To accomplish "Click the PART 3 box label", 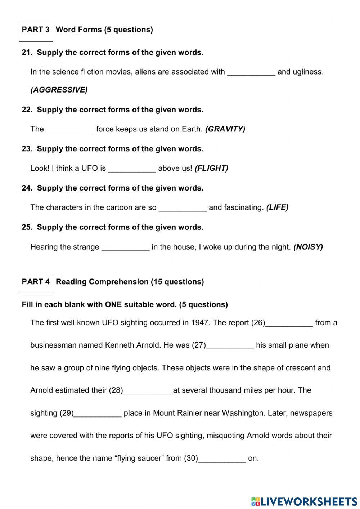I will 36,30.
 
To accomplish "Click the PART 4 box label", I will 36,282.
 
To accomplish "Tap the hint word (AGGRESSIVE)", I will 59,90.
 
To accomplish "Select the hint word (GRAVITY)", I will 225,129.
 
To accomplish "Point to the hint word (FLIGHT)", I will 211,168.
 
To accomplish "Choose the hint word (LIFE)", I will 277,207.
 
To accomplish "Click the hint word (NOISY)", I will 308,247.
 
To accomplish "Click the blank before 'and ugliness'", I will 251,72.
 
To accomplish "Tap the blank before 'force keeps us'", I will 70,129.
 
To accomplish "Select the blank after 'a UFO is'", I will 132,168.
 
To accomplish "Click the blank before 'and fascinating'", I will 183,207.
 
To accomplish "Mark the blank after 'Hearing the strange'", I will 125,247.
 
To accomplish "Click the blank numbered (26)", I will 289,323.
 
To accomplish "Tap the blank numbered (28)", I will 147,390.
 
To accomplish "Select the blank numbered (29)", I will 97,413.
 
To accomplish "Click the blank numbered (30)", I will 222,459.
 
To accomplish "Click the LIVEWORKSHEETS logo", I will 304,501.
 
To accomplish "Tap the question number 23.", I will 26,149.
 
